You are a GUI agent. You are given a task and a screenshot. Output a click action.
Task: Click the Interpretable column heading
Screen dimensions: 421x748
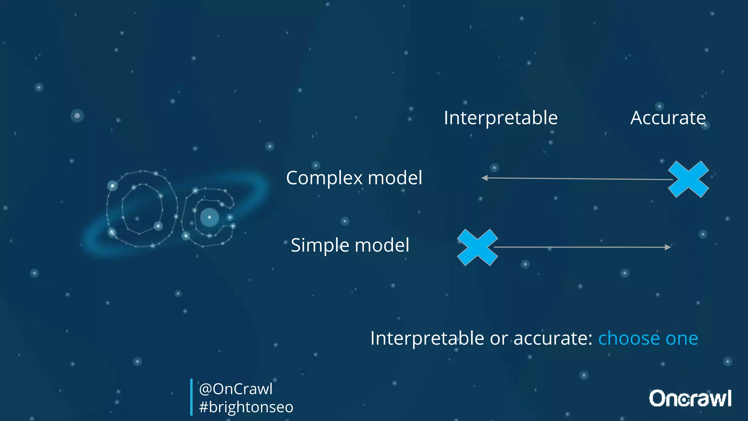(500, 118)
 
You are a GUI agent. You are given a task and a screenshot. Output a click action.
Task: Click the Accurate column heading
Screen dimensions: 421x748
(668, 118)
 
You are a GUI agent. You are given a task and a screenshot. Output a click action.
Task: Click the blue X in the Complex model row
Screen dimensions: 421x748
(688, 179)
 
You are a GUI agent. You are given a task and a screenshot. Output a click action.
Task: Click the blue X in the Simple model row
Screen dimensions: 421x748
(477, 247)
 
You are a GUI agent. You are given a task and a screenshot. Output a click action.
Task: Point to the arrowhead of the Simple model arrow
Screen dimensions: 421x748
(668, 247)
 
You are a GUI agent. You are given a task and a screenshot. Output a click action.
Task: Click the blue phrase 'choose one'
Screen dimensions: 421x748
(648, 338)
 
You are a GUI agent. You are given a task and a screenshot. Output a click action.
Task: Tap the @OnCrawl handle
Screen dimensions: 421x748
(236, 389)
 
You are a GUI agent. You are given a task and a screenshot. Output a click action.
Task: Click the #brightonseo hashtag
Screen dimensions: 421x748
(246, 407)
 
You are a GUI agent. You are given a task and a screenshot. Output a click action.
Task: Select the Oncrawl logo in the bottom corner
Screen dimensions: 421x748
(690, 398)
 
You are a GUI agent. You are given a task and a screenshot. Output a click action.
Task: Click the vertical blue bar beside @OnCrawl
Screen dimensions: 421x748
(191, 397)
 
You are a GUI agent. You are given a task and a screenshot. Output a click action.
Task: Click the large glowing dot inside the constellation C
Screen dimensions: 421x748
(210, 217)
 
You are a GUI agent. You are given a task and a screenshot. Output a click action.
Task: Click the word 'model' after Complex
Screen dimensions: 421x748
(395, 178)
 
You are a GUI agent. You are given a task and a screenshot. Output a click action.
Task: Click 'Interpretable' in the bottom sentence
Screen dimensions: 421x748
(427, 338)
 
